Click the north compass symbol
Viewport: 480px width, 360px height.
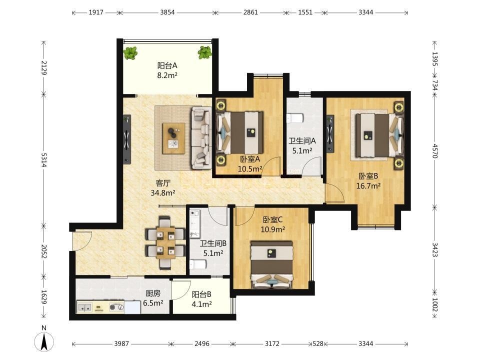[x=44, y=340]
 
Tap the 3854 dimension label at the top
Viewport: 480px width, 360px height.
[x=167, y=12]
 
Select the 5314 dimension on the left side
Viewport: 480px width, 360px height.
[x=44, y=160]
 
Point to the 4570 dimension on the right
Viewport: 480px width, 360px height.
[x=434, y=151]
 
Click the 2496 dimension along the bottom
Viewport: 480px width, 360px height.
[x=202, y=344]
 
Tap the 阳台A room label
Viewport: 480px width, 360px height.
[x=167, y=65]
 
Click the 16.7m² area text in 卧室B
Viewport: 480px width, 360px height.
[x=368, y=186]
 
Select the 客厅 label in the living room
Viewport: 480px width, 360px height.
[x=163, y=183]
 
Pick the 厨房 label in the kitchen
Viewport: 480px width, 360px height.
[x=153, y=293]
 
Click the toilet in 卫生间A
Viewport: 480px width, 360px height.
[x=295, y=118]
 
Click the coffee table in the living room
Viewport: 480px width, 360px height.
[x=174, y=138]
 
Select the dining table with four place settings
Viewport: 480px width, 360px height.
[x=165, y=242]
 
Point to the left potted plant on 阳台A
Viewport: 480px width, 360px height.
[x=130, y=53]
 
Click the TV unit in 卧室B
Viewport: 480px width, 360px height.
[x=330, y=133]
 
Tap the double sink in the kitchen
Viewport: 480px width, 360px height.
[x=84, y=307]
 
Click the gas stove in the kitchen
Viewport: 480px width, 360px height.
[x=116, y=307]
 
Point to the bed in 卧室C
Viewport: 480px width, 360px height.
[x=271, y=264]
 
